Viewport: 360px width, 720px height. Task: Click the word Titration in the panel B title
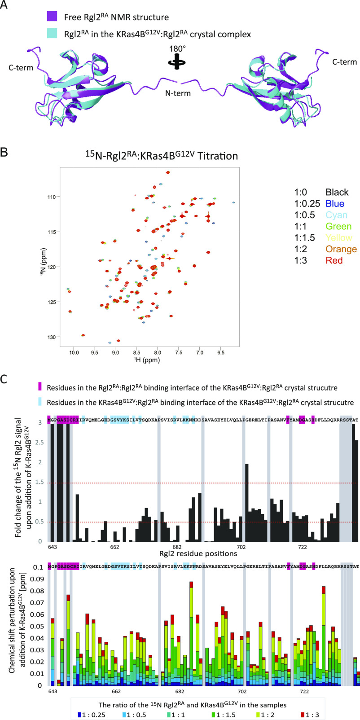click(219, 156)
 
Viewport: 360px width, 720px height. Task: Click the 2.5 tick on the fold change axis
click(42, 442)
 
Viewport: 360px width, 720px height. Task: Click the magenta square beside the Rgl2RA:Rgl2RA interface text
click(40, 386)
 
